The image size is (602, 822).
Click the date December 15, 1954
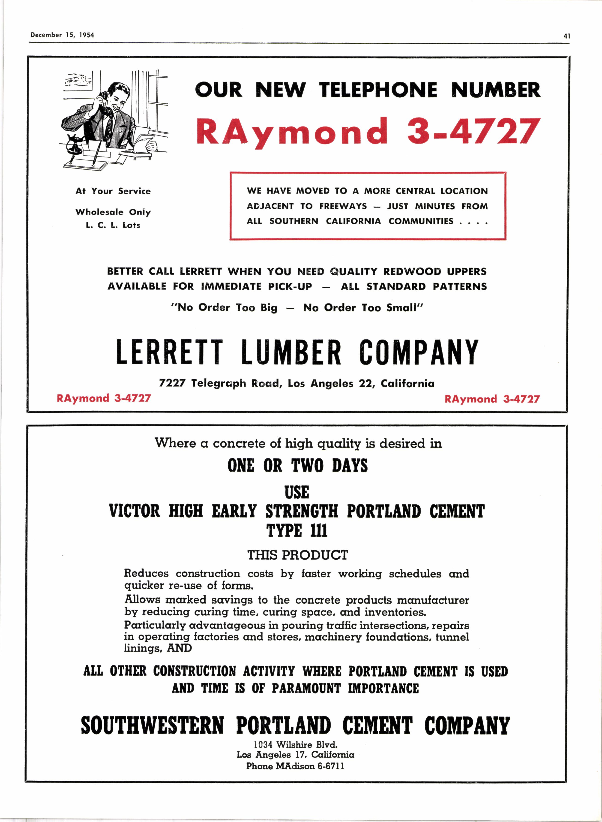[x=62, y=35]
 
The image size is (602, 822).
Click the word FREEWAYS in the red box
[x=343, y=206]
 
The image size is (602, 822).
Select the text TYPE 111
[x=297, y=530]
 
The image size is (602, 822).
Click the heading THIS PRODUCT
[x=297, y=555]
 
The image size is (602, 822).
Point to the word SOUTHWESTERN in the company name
[x=152, y=726]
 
